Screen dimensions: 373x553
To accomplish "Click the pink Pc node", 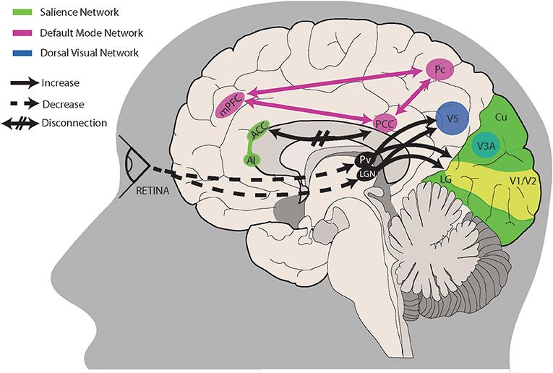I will [437, 69].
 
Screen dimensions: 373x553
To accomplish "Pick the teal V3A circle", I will [485, 145].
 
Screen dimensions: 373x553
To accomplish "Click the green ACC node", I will [260, 132].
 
